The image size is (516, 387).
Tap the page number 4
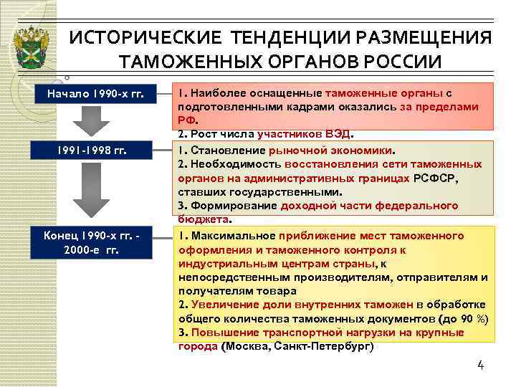coord(480,365)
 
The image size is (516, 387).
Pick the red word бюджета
coord(203,219)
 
